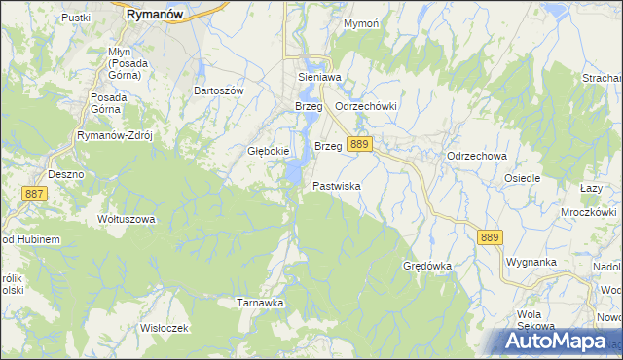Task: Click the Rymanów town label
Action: coord(156,16)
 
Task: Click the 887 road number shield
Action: coord(35,195)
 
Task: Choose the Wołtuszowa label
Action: coord(126,219)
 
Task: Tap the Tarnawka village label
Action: coord(260,303)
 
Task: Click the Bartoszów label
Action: coord(218,90)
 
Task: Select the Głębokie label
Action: coord(267,151)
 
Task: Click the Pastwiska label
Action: coord(338,185)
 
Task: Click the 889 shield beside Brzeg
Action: coord(360,144)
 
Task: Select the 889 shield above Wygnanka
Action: coord(490,236)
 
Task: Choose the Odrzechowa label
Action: coord(477,156)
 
